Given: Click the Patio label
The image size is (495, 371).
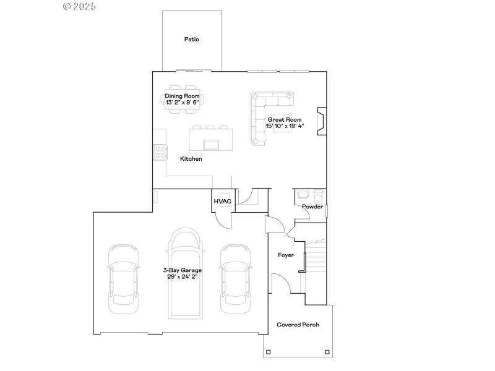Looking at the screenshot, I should pos(192,39).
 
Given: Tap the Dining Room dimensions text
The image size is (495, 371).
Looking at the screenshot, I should pos(182,103).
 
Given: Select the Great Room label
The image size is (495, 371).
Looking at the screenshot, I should pos(284,119).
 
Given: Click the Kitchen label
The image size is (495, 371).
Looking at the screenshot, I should pos(191,159).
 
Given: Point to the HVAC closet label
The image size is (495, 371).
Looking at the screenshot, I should pos(223,202).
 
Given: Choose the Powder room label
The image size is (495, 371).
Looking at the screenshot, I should pos(312,207).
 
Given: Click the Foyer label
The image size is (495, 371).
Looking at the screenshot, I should pos(285,255).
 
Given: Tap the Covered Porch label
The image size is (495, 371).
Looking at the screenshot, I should pos(298,325).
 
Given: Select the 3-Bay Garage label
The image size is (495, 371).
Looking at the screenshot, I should pos(182,270).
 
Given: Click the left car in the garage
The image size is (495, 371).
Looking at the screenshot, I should pos(124,278).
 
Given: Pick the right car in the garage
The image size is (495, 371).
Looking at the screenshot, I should pos(236,278).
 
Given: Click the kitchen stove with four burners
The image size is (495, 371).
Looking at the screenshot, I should pos(160,151).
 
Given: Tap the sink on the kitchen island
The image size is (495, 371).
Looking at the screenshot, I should pos(210,145).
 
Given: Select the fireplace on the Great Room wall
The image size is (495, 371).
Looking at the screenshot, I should pos(321,121).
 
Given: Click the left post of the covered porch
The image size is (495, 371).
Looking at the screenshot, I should pos(267,352).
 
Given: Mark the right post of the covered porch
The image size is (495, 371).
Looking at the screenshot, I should pos(328,352).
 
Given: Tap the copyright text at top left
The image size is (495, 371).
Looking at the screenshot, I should pos(80,6).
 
